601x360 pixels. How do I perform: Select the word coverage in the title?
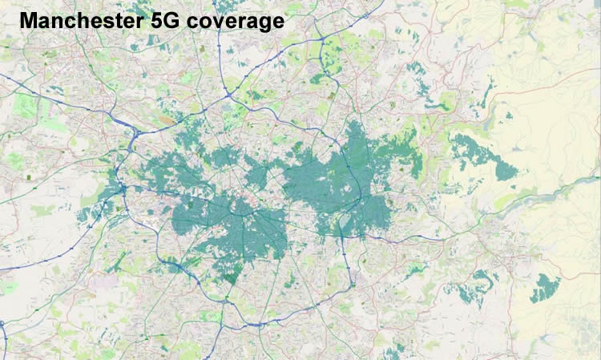pos(238,22)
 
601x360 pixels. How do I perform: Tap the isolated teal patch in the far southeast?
pos(546,287)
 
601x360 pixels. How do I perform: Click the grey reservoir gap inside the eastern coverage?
pos(344,220)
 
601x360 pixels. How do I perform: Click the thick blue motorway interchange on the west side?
pos(122,190)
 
